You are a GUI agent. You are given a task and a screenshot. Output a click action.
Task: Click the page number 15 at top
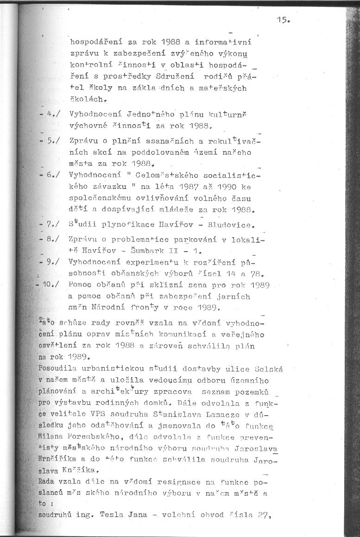[x=283, y=19]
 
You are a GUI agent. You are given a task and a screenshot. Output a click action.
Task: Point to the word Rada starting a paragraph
[x=47, y=481]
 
